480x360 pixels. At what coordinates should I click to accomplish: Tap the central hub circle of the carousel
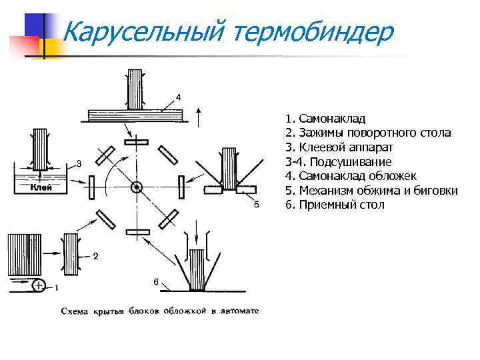coord(137,187)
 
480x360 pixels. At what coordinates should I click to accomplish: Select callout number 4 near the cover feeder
coord(177,97)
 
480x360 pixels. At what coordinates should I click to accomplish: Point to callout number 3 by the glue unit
coord(79,163)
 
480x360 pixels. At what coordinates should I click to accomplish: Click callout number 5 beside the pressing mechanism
coord(257,205)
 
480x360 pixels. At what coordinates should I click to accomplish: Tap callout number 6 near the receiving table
coord(156,282)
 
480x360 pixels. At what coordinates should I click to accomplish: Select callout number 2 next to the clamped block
coord(95,256)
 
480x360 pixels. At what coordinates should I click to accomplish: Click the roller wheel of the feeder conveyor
coord(39,287)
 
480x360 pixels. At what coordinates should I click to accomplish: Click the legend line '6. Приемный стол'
coord(335,205)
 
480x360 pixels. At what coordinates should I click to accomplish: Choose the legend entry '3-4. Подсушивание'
coord(338,162)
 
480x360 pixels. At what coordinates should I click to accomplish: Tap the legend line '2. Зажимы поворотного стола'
coord(367,133)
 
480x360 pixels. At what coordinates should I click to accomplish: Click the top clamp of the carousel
coord(137,142)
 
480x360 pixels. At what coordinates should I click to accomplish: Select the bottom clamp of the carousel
coord(137,233)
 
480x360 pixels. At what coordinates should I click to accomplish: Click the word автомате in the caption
coord(236,311)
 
